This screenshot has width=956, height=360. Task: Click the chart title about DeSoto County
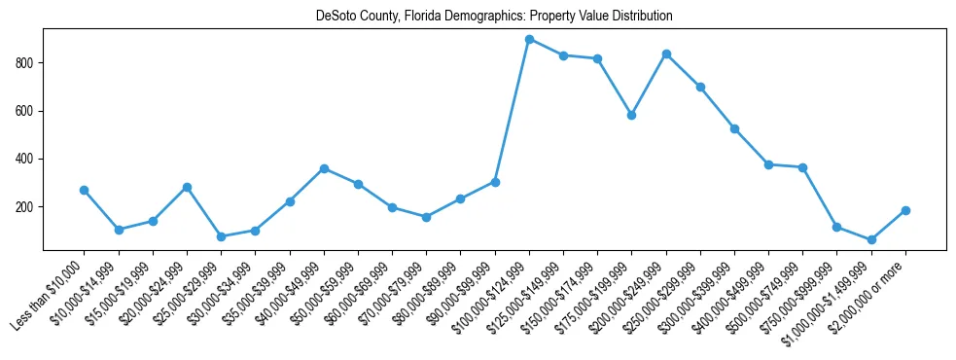pyautogui.click(x=494, y=17)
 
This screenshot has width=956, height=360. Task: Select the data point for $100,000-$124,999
pyautogui.click(x=529, y=39)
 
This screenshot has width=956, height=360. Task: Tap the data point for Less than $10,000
pyautogui.click(x=85, y=190)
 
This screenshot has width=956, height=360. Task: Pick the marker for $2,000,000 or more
pyautogui.click(x=905, y=210)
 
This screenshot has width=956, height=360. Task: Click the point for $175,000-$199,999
pyautogui.click(x=632, y=115)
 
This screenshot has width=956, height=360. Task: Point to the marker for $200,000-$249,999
pyautogui.click(x=666, y=54)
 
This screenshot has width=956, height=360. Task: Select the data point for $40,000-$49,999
pyautogui.click(x=324, y=168)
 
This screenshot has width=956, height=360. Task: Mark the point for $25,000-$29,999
pyautogui.click(x=221, y=236)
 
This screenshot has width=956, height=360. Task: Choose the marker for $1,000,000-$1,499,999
pyautogui.click(x=871, y=239)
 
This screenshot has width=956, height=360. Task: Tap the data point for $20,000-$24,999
pyautogui.click(x=187, y=187)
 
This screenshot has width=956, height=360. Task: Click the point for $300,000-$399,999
pyautogui.click(x=734, y=128)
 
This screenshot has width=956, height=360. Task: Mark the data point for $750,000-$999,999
pyautogui.click(x=837, y=227)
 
